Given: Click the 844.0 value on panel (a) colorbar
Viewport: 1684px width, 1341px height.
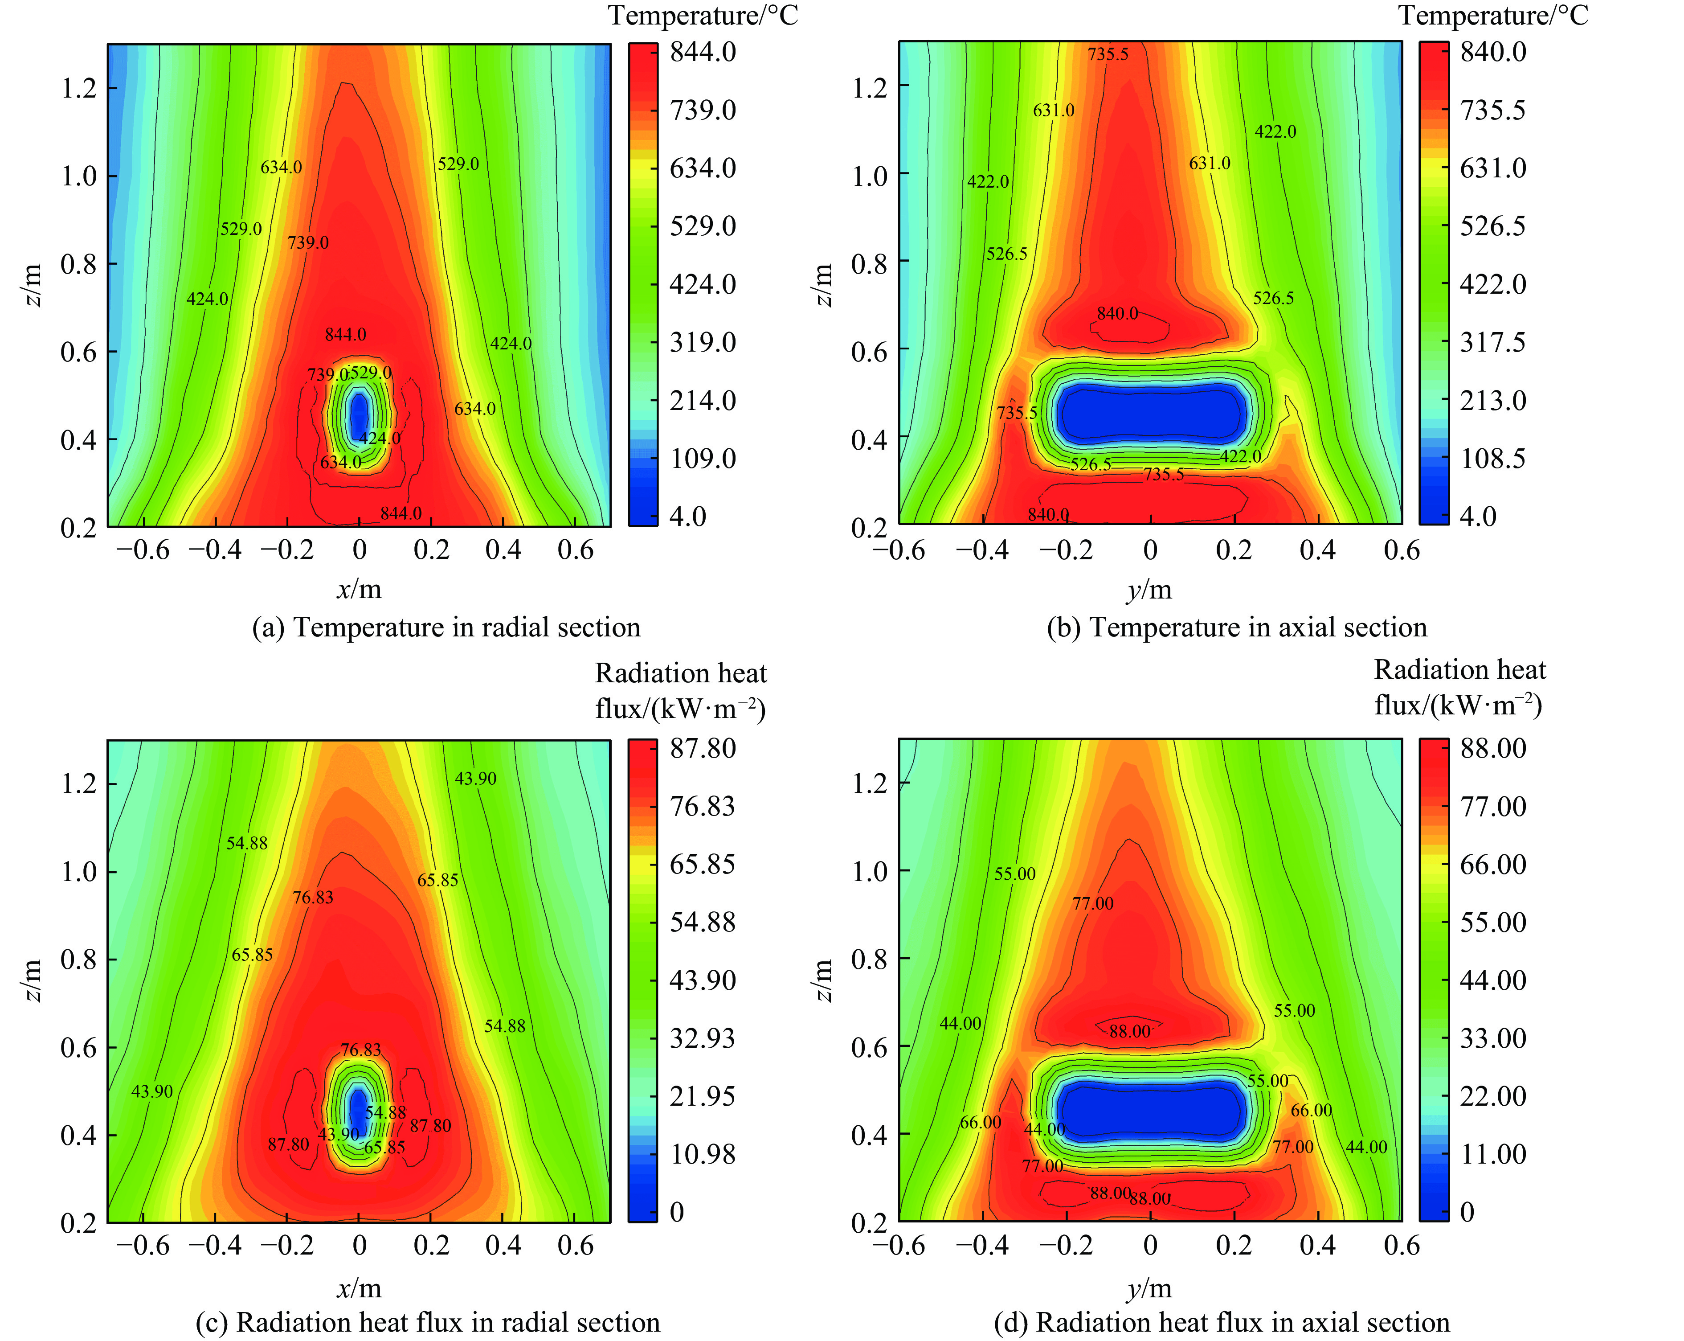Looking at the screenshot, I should [x=702, y=52].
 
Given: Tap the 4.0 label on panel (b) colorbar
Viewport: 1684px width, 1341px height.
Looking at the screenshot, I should [x=1478, y=517].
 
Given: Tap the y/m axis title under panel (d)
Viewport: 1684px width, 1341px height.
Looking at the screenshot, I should [x=1150, y=1288].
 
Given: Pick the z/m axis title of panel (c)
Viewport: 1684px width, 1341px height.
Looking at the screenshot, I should [x=33, y=981].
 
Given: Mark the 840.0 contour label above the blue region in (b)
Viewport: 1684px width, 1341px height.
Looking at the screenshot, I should [x=1117, y=313].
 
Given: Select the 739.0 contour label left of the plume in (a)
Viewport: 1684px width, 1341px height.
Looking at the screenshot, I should [x=308, y=242].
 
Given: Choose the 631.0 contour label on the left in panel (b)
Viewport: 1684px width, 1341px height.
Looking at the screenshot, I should [x=1053, y=110].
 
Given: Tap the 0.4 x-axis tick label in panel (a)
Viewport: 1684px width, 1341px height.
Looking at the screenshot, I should [x=503, y=550].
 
